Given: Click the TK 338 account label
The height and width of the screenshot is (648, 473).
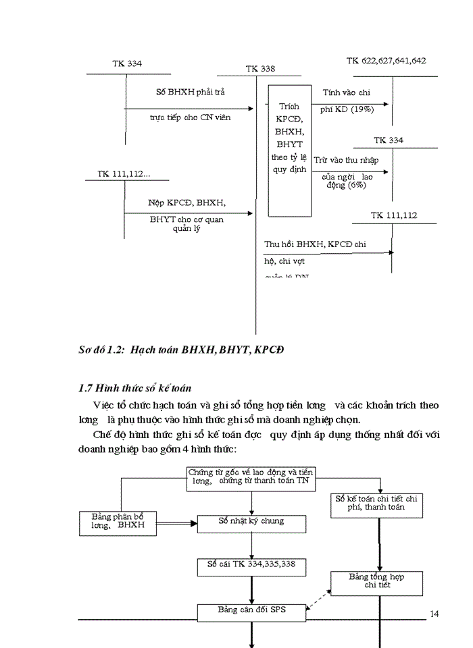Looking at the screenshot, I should point(260,69).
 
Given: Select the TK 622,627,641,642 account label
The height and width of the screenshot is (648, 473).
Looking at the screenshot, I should point(386,61).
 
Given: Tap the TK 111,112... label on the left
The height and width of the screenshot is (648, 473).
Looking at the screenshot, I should point(124,173).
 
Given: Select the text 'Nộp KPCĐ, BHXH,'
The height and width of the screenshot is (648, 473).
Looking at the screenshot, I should point(186,202).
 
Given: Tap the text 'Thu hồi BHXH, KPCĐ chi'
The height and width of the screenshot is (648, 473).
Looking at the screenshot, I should point(315,244).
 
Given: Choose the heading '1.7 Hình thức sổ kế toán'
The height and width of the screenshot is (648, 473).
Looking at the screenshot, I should point(134,388).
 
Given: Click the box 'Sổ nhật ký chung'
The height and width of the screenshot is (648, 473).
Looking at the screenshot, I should point(251,522).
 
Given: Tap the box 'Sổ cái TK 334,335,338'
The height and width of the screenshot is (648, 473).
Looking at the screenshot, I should point(251,564).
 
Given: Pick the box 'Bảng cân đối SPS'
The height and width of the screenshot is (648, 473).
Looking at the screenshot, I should point(251,611).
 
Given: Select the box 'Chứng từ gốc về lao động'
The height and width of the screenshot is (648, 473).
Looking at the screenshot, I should point(251,477).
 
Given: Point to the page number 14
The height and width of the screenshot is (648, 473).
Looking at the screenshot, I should point(434,613).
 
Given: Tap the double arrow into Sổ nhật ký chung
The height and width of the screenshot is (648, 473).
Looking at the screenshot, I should point(176,522).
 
